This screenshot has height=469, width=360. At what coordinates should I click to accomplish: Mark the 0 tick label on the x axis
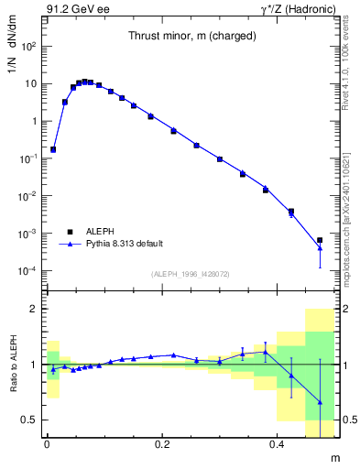[x=47, y=442]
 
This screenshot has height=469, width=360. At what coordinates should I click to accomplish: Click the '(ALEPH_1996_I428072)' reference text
[x=190, y=273]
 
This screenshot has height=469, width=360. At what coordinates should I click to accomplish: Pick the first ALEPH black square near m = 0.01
[x=53, y=148]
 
